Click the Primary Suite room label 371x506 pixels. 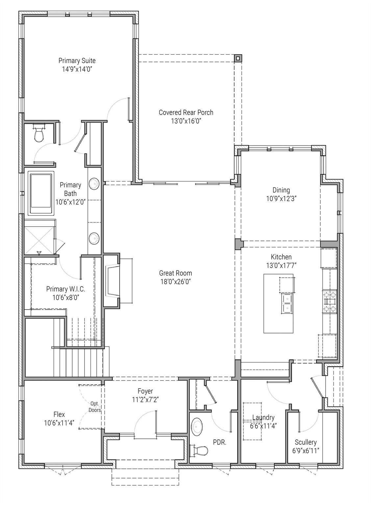[x=77, y=61]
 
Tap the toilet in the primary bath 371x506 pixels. [x=39, y=134]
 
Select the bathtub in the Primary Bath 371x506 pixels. [x=41, y=193]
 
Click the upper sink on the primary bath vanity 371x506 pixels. [x=94, y=184]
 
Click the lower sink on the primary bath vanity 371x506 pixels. [x=94, y=238]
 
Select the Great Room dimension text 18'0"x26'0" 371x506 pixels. [x=175, y=282]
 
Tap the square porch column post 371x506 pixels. [x=238, y=58]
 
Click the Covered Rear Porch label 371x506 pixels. [x=186, y=113]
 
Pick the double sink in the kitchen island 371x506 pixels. [x=287, y=303]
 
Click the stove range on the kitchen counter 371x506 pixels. [x=330, y=301]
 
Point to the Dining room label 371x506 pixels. [x=281, y=190]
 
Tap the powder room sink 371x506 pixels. [x=197, y=427]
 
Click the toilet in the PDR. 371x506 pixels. [x=199, y=450]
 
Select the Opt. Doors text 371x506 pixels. [x=95, y=407]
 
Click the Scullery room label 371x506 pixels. [x=306, y=442]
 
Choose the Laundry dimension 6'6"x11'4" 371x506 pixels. [x=263, y=426]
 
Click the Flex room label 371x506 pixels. [x=59, y=414]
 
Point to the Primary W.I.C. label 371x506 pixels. [x=65, y=289]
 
